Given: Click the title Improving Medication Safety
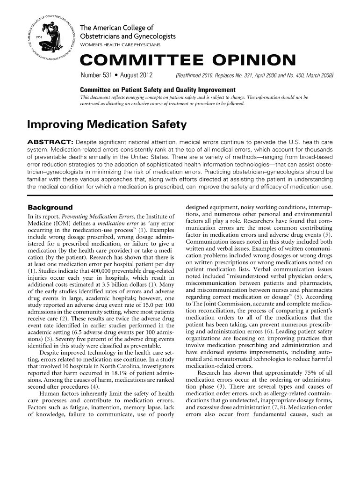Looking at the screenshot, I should point(107,125).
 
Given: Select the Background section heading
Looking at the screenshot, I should point(50,207).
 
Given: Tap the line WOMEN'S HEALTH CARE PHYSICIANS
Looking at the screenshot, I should point(121,44).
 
